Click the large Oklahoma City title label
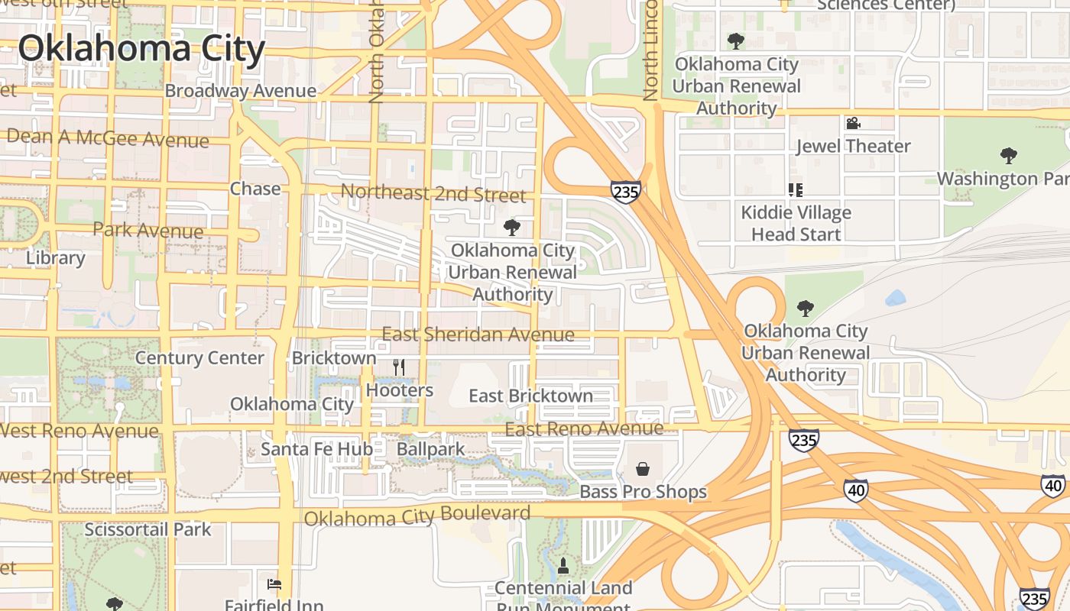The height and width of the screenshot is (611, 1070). [x=141, y=48]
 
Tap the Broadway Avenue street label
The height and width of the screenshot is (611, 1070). [x=240, y=91]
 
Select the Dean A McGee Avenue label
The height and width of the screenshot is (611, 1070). [x=107, y=138]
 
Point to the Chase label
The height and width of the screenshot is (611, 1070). [x=255, y=188]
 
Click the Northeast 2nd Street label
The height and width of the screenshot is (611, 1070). [x=433, y=193]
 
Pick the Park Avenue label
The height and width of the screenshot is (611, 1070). [x=148, y=229]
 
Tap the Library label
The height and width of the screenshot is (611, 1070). [x=55, y=257]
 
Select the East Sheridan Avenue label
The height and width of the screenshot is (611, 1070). [x=478, y=335]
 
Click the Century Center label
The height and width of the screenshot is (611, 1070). [x=199, y=357]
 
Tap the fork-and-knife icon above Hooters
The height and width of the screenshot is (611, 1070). [x=398, y=367]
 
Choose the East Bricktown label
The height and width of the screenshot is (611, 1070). [x=530, y=396]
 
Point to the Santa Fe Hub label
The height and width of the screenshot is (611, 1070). [x=316, y=449]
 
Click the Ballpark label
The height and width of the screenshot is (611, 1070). [x=430, y=449]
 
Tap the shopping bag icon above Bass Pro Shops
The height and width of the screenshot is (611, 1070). [x=643, y=468]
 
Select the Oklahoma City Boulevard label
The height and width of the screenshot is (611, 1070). [x=417, y=516]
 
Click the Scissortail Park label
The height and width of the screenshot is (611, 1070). [x=148, y=529]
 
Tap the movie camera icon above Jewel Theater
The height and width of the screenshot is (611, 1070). [x=853, y=123]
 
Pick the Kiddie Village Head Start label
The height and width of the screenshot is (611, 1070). [x=796, y=223]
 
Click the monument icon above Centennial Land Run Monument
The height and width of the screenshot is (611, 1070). [x=563, y=566]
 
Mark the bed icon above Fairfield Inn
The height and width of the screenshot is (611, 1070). [x=274, y=585]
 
